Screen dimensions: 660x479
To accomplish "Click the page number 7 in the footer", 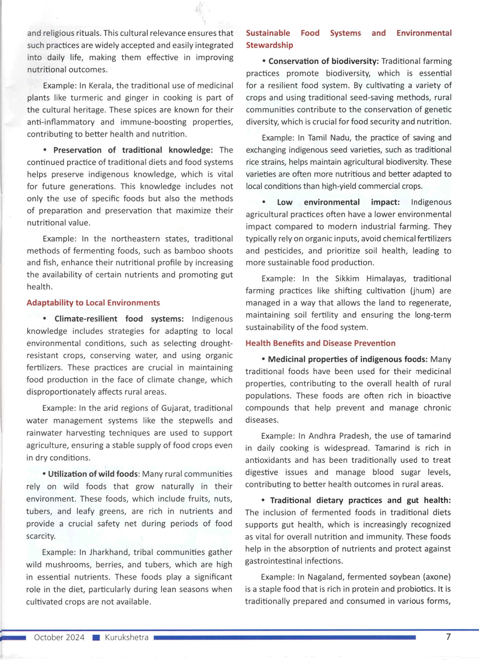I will click(448, 637).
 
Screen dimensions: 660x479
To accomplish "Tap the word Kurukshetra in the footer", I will click(126, 637).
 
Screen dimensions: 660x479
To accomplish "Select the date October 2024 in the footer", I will click(59, 637).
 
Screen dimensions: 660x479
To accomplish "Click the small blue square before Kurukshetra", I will click(96, 637).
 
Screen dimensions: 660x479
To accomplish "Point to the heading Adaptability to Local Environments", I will click(93, 303).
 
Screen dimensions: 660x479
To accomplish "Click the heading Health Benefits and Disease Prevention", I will click(320, 343).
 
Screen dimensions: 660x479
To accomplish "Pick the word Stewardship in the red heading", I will click(269, 45).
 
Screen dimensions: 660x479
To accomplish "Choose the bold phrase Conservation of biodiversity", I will click(323, 61).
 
